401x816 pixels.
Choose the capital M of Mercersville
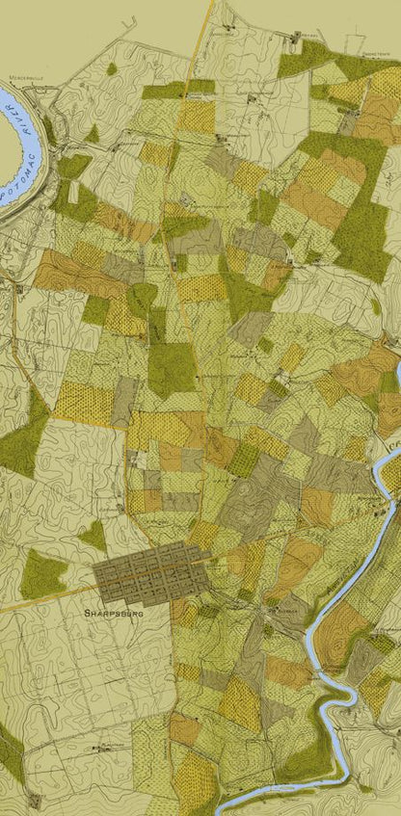[x=13, y=73]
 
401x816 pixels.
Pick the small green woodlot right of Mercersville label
[x=112, y=69]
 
